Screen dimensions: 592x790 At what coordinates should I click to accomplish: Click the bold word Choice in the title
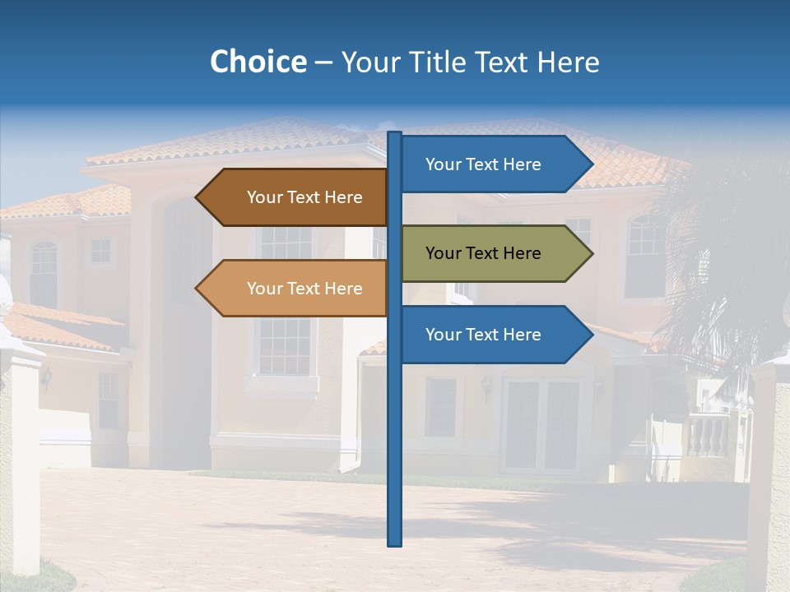pyautogui.click(x=258, y=62)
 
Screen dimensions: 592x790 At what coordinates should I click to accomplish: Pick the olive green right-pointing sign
pyautogui.click(x=490, y=253)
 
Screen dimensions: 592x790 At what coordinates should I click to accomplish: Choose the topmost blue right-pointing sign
pyautogui.click(x=490, y=164)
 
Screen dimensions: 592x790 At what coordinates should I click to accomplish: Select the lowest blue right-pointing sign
pyautogui.click(x=490, y=335)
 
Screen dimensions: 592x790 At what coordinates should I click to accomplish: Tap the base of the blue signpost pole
pyautogui.click(x=394, y=540)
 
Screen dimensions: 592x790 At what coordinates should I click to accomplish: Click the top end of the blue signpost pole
pyautogui.click(x=394, y=136)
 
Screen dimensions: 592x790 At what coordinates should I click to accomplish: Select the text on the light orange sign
pyautogui.click(x=304, y=289)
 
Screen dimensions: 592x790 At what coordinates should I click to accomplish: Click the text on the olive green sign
pyautogui.click(x=483, y=253)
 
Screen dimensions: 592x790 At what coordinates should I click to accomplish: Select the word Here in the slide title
pyautogui.click(x=568, y=62)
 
